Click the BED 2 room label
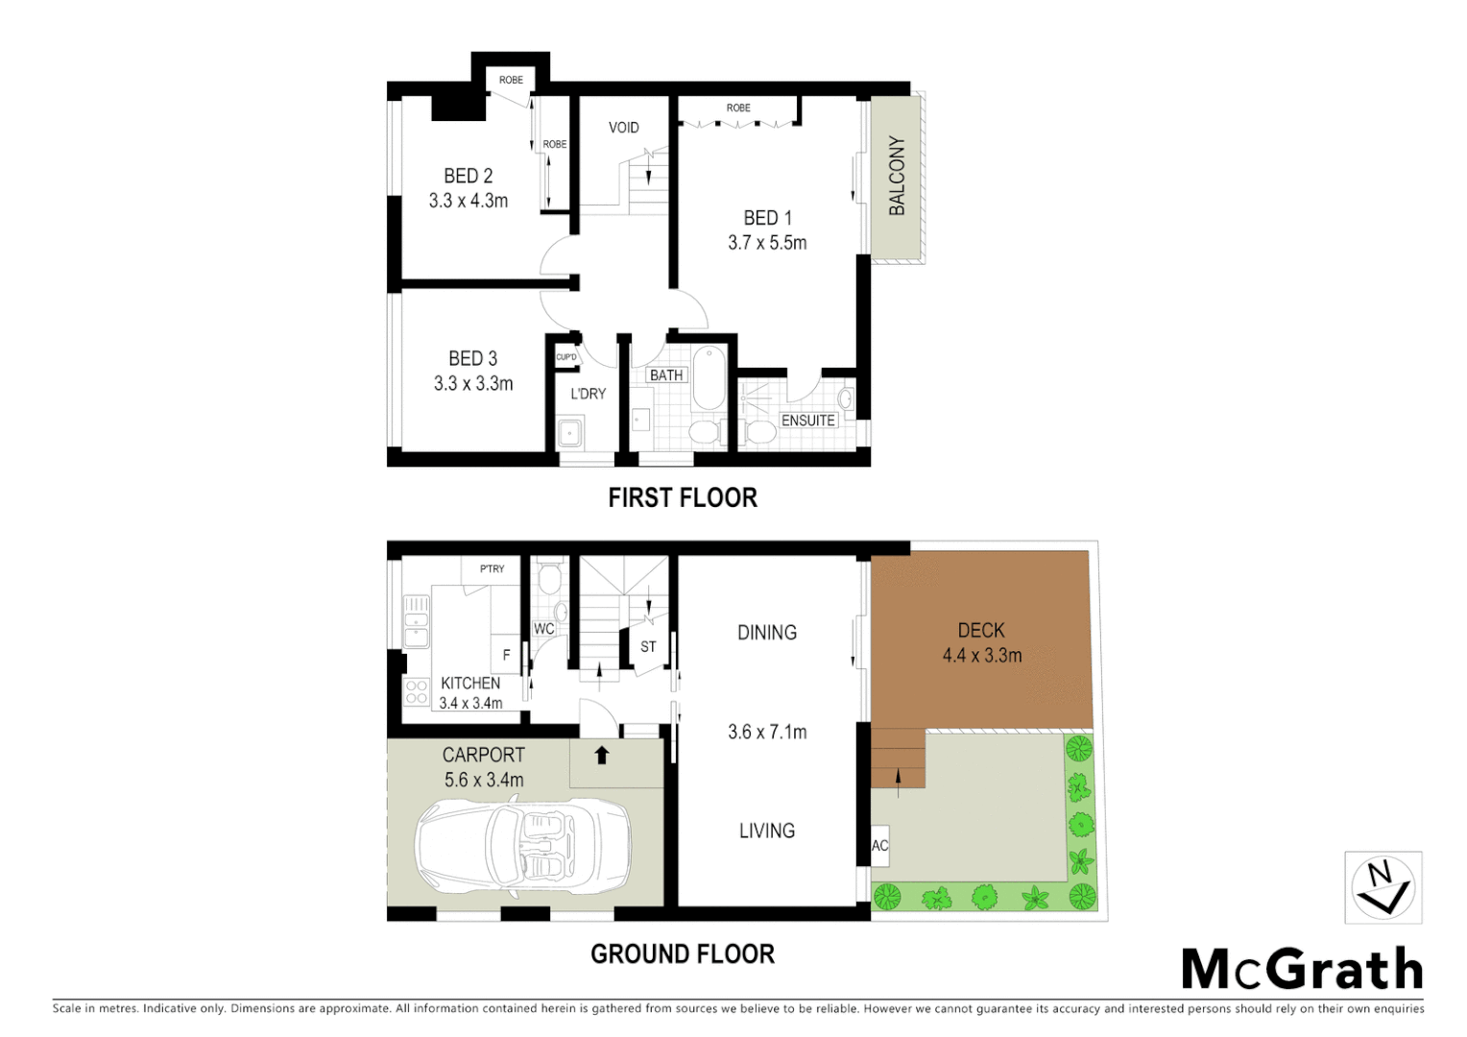[x=468, y=176]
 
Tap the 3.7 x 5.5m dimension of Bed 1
[x=767, y=243]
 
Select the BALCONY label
[x=897, y=176]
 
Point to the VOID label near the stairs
[x=623, y=128]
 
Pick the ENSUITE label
[x=807, y=421]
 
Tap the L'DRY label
[x=588, y=394]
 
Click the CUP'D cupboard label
[x=566, y=357]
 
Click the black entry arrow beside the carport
[x=602, y=755]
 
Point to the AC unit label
[x=879, y=846]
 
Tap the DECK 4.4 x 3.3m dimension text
[x=981, y=656]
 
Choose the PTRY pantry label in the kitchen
[x=492, y=568]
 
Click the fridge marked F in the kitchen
[x=505, y=655]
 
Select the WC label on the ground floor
[x=543, y=629]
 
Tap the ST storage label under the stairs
[x=648, y=647]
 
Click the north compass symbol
[x=1383, y=887]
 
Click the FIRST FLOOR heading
[x=683, y=497]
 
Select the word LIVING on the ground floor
[x=766, y=831]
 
